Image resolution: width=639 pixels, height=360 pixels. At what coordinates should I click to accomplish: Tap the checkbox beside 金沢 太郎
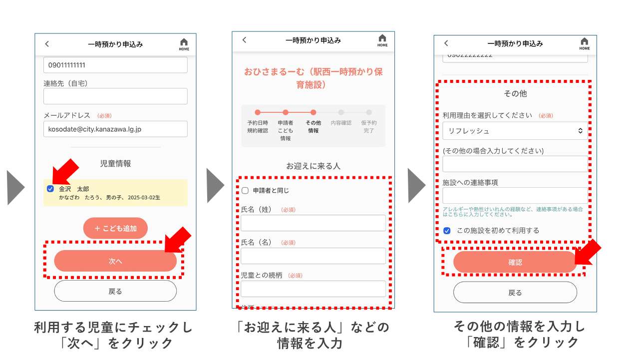(x=50, y=189)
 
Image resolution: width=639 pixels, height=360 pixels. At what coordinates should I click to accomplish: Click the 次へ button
(x=115, y=261)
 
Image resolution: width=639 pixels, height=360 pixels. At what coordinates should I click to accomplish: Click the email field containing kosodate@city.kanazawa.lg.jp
(x=115, y=129)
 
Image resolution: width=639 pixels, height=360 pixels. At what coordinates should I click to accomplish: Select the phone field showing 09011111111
(x=115, y=65)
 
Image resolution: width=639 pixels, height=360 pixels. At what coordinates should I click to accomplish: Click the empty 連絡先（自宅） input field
(x=115, y=96)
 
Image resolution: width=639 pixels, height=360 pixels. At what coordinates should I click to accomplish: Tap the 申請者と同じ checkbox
(x=245, y=190)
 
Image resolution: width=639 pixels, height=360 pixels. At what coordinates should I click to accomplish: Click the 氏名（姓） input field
(x=313, y=223)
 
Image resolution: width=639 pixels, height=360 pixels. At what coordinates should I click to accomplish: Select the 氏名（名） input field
(x=313, y=256)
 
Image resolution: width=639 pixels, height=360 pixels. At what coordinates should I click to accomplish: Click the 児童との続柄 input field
(x=313, y=289)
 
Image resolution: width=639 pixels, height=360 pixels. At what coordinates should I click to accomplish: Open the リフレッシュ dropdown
(x=515, y=131)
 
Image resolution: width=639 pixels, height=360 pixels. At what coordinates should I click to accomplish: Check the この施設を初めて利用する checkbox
(x=447, y=231)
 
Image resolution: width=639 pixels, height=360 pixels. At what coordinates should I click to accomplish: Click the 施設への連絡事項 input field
(x=515, y=195)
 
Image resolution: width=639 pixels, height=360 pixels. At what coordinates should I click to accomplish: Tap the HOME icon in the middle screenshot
(x=382, y=40)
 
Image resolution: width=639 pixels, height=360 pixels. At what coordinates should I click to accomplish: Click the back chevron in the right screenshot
(x=446, y=43)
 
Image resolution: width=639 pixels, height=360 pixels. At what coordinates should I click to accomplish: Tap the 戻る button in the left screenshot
(x=115, y=291)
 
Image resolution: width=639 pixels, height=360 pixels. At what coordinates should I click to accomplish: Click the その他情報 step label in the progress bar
(x=313, y=127)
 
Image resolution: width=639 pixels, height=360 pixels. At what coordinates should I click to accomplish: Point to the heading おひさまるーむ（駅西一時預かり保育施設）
(x=313, y=78)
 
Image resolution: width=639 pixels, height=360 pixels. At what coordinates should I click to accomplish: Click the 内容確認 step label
(x=341, y=123)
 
